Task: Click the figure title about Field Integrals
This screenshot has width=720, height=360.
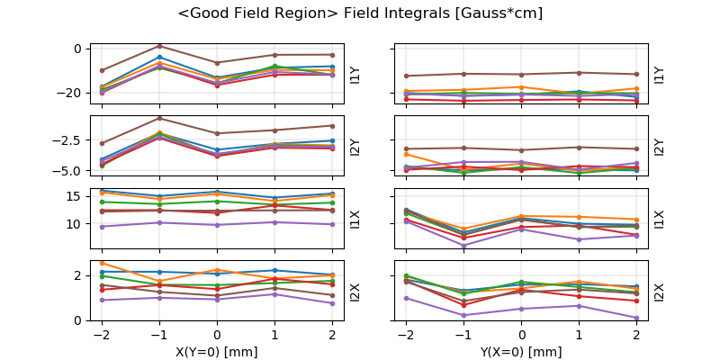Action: coord(360,13)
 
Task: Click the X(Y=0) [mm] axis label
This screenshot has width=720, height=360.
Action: coord(216,352)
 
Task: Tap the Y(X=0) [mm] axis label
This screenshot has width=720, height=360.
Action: coord(521,352)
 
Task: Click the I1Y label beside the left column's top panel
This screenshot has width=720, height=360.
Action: coord(355,74)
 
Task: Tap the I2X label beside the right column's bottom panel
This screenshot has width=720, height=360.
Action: coord(660,291)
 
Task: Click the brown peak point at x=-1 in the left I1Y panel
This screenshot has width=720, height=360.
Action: coord(159,46)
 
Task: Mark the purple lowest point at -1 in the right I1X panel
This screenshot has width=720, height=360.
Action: coord(463,245)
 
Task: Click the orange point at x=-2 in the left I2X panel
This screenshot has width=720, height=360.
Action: coord(102,264)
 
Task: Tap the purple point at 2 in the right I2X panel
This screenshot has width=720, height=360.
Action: coord(636,318)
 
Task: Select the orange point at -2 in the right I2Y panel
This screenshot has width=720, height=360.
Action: coord(406,154)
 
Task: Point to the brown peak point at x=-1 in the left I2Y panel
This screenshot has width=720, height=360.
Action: coord(159,118)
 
